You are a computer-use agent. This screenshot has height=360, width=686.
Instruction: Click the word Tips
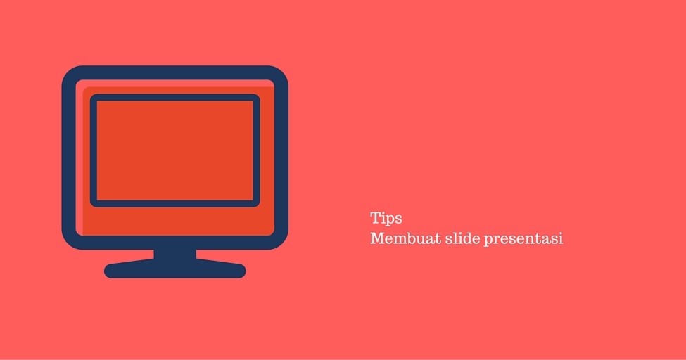[x=386, y=218]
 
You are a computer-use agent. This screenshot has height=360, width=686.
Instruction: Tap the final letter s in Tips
[x=398, y=219]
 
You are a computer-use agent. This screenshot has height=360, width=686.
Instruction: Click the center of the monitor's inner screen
[x=175, y=150]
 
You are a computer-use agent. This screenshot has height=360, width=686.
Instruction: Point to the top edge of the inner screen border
[x=175, y=97]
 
